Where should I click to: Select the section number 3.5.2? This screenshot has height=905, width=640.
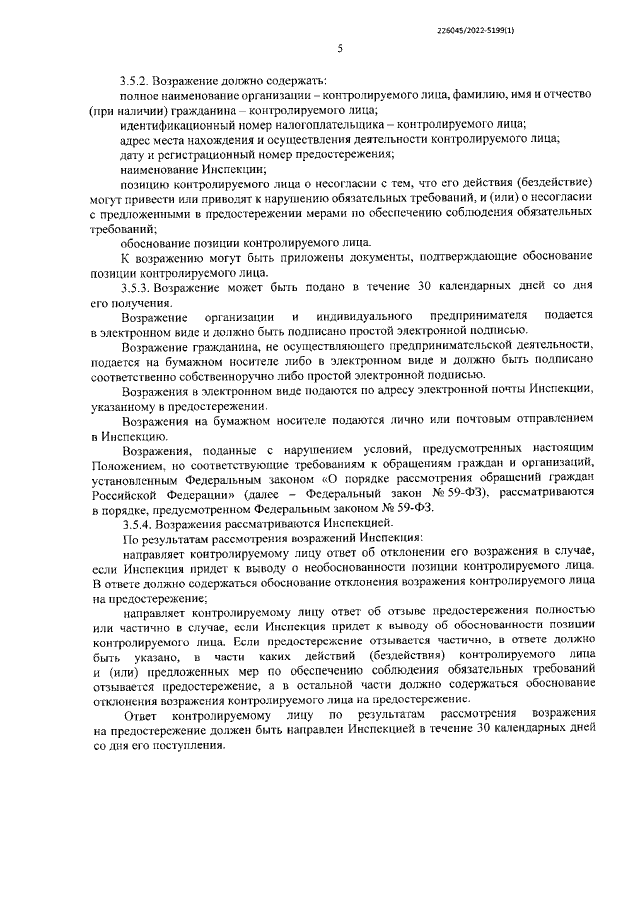[137, 79]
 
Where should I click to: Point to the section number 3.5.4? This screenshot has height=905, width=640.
[137, 524]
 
